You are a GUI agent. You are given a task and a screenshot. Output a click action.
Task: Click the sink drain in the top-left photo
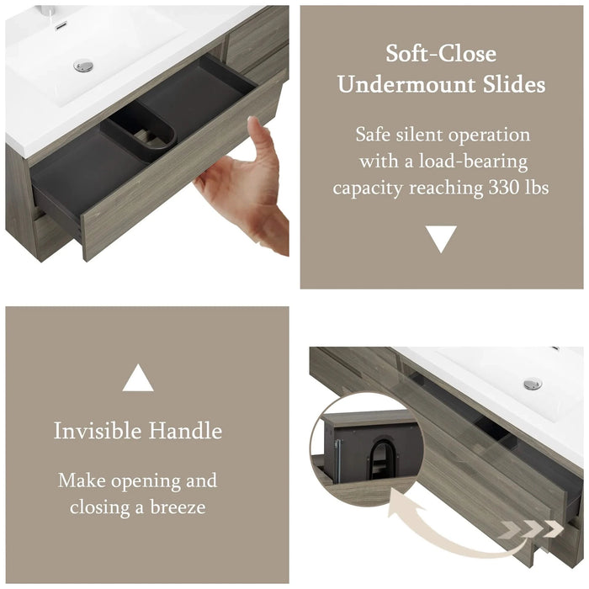(83, 66)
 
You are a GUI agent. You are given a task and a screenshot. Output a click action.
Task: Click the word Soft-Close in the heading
(441, 53)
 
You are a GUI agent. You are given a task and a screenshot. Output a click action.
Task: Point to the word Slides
(514, 84)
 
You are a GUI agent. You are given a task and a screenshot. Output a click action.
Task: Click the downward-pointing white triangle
(441, 239)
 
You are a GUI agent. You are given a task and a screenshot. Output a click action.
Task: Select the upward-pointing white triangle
(138, 378)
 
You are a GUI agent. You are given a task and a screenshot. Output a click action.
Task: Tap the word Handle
(185, 431)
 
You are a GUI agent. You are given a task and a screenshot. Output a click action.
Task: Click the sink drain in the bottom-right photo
(533, 384)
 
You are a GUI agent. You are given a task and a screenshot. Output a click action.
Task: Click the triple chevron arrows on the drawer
(533, 529)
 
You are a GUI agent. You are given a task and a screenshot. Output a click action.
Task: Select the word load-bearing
(473, 162)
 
